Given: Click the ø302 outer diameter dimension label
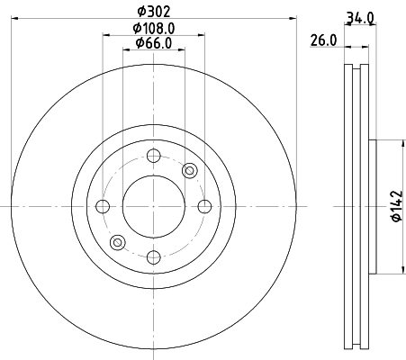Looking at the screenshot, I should point(152,13).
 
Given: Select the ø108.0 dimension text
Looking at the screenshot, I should point(152,28).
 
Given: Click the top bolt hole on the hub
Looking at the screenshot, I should point(152,155).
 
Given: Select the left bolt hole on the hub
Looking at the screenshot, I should point(102,206).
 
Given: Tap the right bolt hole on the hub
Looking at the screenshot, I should point(203,206).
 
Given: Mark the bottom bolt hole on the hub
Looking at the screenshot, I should point(152,257).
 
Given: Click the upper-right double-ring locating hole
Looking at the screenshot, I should point(189,171).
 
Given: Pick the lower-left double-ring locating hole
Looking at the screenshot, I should point(116,241).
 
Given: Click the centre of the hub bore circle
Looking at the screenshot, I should point(152,206).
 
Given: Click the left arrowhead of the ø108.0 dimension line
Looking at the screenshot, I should point(105,35).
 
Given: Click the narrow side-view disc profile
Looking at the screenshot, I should point(357,206).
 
